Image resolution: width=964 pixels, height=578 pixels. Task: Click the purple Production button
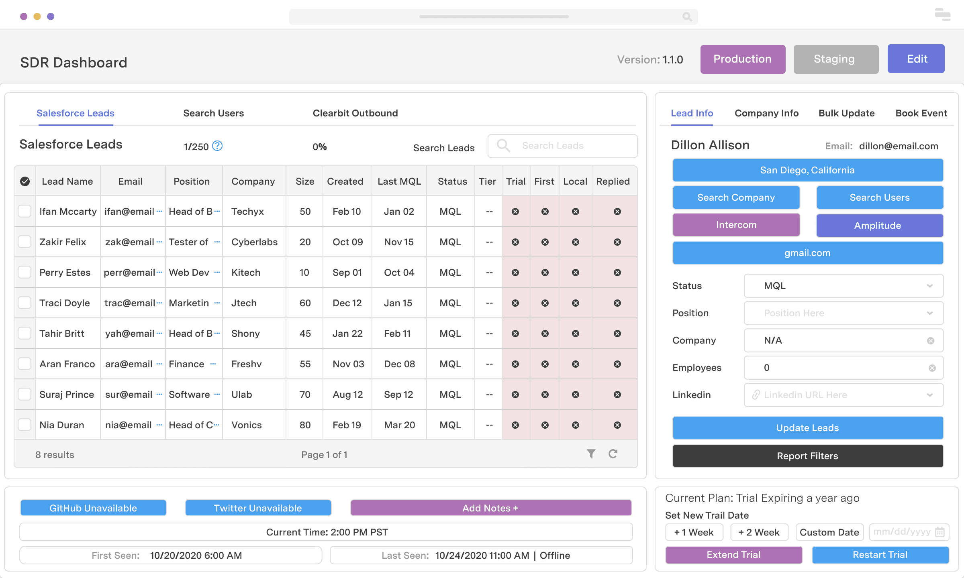(742, 59)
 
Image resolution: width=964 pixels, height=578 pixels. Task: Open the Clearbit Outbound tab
(355, 113)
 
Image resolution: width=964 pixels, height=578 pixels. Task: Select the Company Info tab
(766, 113)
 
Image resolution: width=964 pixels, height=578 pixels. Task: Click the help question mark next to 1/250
(217, 146)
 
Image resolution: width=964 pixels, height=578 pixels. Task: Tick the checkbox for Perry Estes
(25, 272)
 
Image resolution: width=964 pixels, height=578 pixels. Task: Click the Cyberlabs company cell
(254, 242)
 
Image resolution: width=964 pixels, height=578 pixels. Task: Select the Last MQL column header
(399, 181)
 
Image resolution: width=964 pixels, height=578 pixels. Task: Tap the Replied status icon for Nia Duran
(617, 425)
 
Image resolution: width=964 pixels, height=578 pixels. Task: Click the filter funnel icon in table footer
(591, 454)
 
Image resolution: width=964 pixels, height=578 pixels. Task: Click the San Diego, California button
(807, 170)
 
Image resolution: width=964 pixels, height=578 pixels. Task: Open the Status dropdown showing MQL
(843, 286)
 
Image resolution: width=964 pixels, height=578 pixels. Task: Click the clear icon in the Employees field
(932, 368)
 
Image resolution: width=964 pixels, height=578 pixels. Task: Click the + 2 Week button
(759, 532)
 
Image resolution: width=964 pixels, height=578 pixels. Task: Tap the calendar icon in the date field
(939, 532)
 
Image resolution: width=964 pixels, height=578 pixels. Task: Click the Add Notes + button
(490, 508)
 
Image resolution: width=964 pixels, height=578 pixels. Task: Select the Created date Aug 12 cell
(347, 395)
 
